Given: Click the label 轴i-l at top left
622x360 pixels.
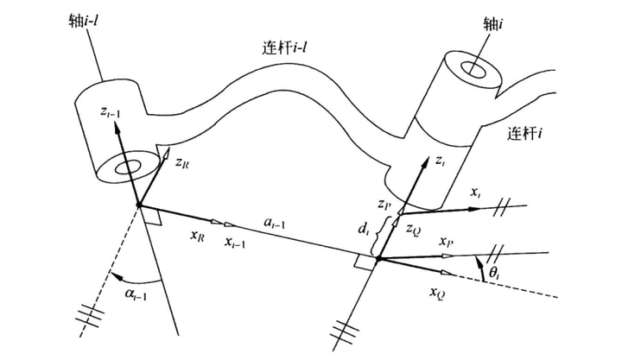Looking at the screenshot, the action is pyautogui.click(x=83, y=22).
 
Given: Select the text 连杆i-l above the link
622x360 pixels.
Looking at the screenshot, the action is pyautogui.click(x=286, y=47).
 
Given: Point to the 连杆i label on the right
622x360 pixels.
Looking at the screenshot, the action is pyautogui.click(x=524, y=134).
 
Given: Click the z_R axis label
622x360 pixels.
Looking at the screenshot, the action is pyautogui.click(x=182, y=163).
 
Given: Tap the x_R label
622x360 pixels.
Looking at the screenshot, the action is pyautogui.click(x=197, y=237).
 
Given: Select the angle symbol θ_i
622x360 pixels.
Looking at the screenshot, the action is pyautogui.click(x=493, y=273).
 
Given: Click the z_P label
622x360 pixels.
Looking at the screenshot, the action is pyautogui.click(x=384, y=205).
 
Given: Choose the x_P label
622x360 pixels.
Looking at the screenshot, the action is pyautogui.click(x=447, y=241).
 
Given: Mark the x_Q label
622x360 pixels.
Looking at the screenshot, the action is pyautogui.click(x=437, y=293).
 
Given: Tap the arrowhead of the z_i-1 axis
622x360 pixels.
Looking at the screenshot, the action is pyautogui.click(x=117, y=128).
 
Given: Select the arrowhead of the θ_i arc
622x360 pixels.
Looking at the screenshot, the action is pyautogui.click(x=479, y=261).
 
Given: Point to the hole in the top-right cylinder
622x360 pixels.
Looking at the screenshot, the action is pyautogui.click(x=473, y=68).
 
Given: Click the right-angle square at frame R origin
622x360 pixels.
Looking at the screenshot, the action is pyautogui.click(x=153, y=218).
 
